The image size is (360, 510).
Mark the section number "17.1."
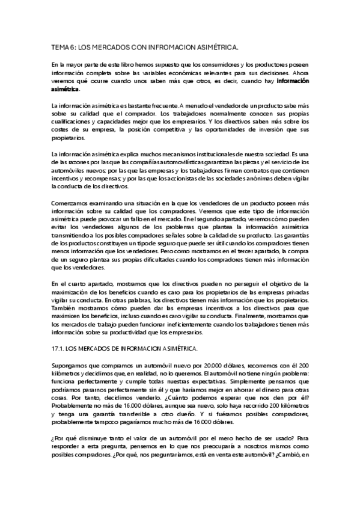(59, 349)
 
